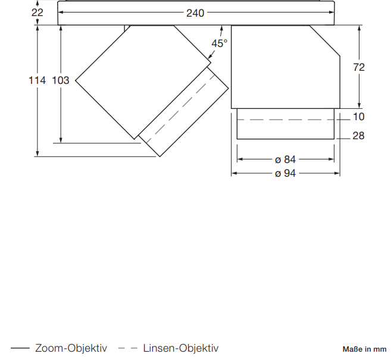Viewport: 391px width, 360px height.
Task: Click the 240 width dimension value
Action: tap(195, 13)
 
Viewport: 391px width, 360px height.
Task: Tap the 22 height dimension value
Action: tap(37, 12)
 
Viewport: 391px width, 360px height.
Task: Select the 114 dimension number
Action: tap(37, 80)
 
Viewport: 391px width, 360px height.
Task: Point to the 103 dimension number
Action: tap(60, 80)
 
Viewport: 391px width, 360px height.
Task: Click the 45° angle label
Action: tap(220, 43)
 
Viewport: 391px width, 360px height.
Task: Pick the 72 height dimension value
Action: tap(359, 67)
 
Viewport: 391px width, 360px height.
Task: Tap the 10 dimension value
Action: tap(359, 117)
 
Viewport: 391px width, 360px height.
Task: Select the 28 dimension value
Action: tap(359, 136)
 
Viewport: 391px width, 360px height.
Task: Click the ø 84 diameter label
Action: tap(285, 159)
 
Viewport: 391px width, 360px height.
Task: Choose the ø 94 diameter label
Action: tap(285, 173)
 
